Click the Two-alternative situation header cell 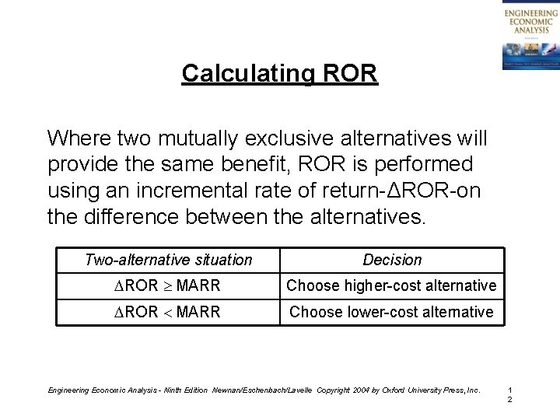point(168,260)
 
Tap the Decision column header point(392,260)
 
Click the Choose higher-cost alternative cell point(392,285)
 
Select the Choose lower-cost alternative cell point(392,312)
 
